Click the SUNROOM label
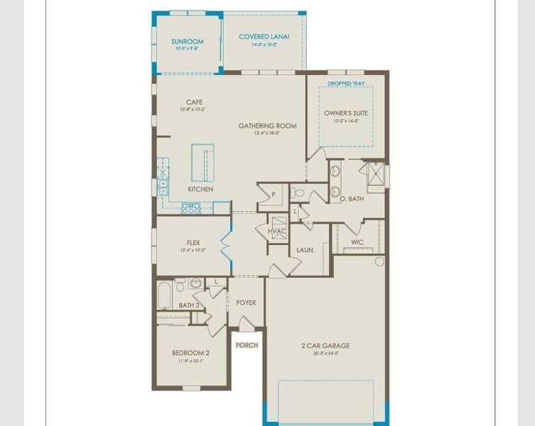[188, 42]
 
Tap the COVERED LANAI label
[264, 37]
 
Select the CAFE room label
[194, 102]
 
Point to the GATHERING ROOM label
[267, 126]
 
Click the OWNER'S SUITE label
[346, 113]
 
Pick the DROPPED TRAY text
[346, 83]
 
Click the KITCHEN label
[200, 190]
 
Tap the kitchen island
[202, 163]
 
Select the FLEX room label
[193, 243]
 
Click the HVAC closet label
[276, 231]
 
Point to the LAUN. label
[306, 250]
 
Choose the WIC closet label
[357, 242]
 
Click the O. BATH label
[351, 199]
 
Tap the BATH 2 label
[189, 305]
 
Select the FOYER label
[246, 303]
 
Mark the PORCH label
[247, 346]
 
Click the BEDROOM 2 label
[190, 353]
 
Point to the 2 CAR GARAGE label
[325, 346]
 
